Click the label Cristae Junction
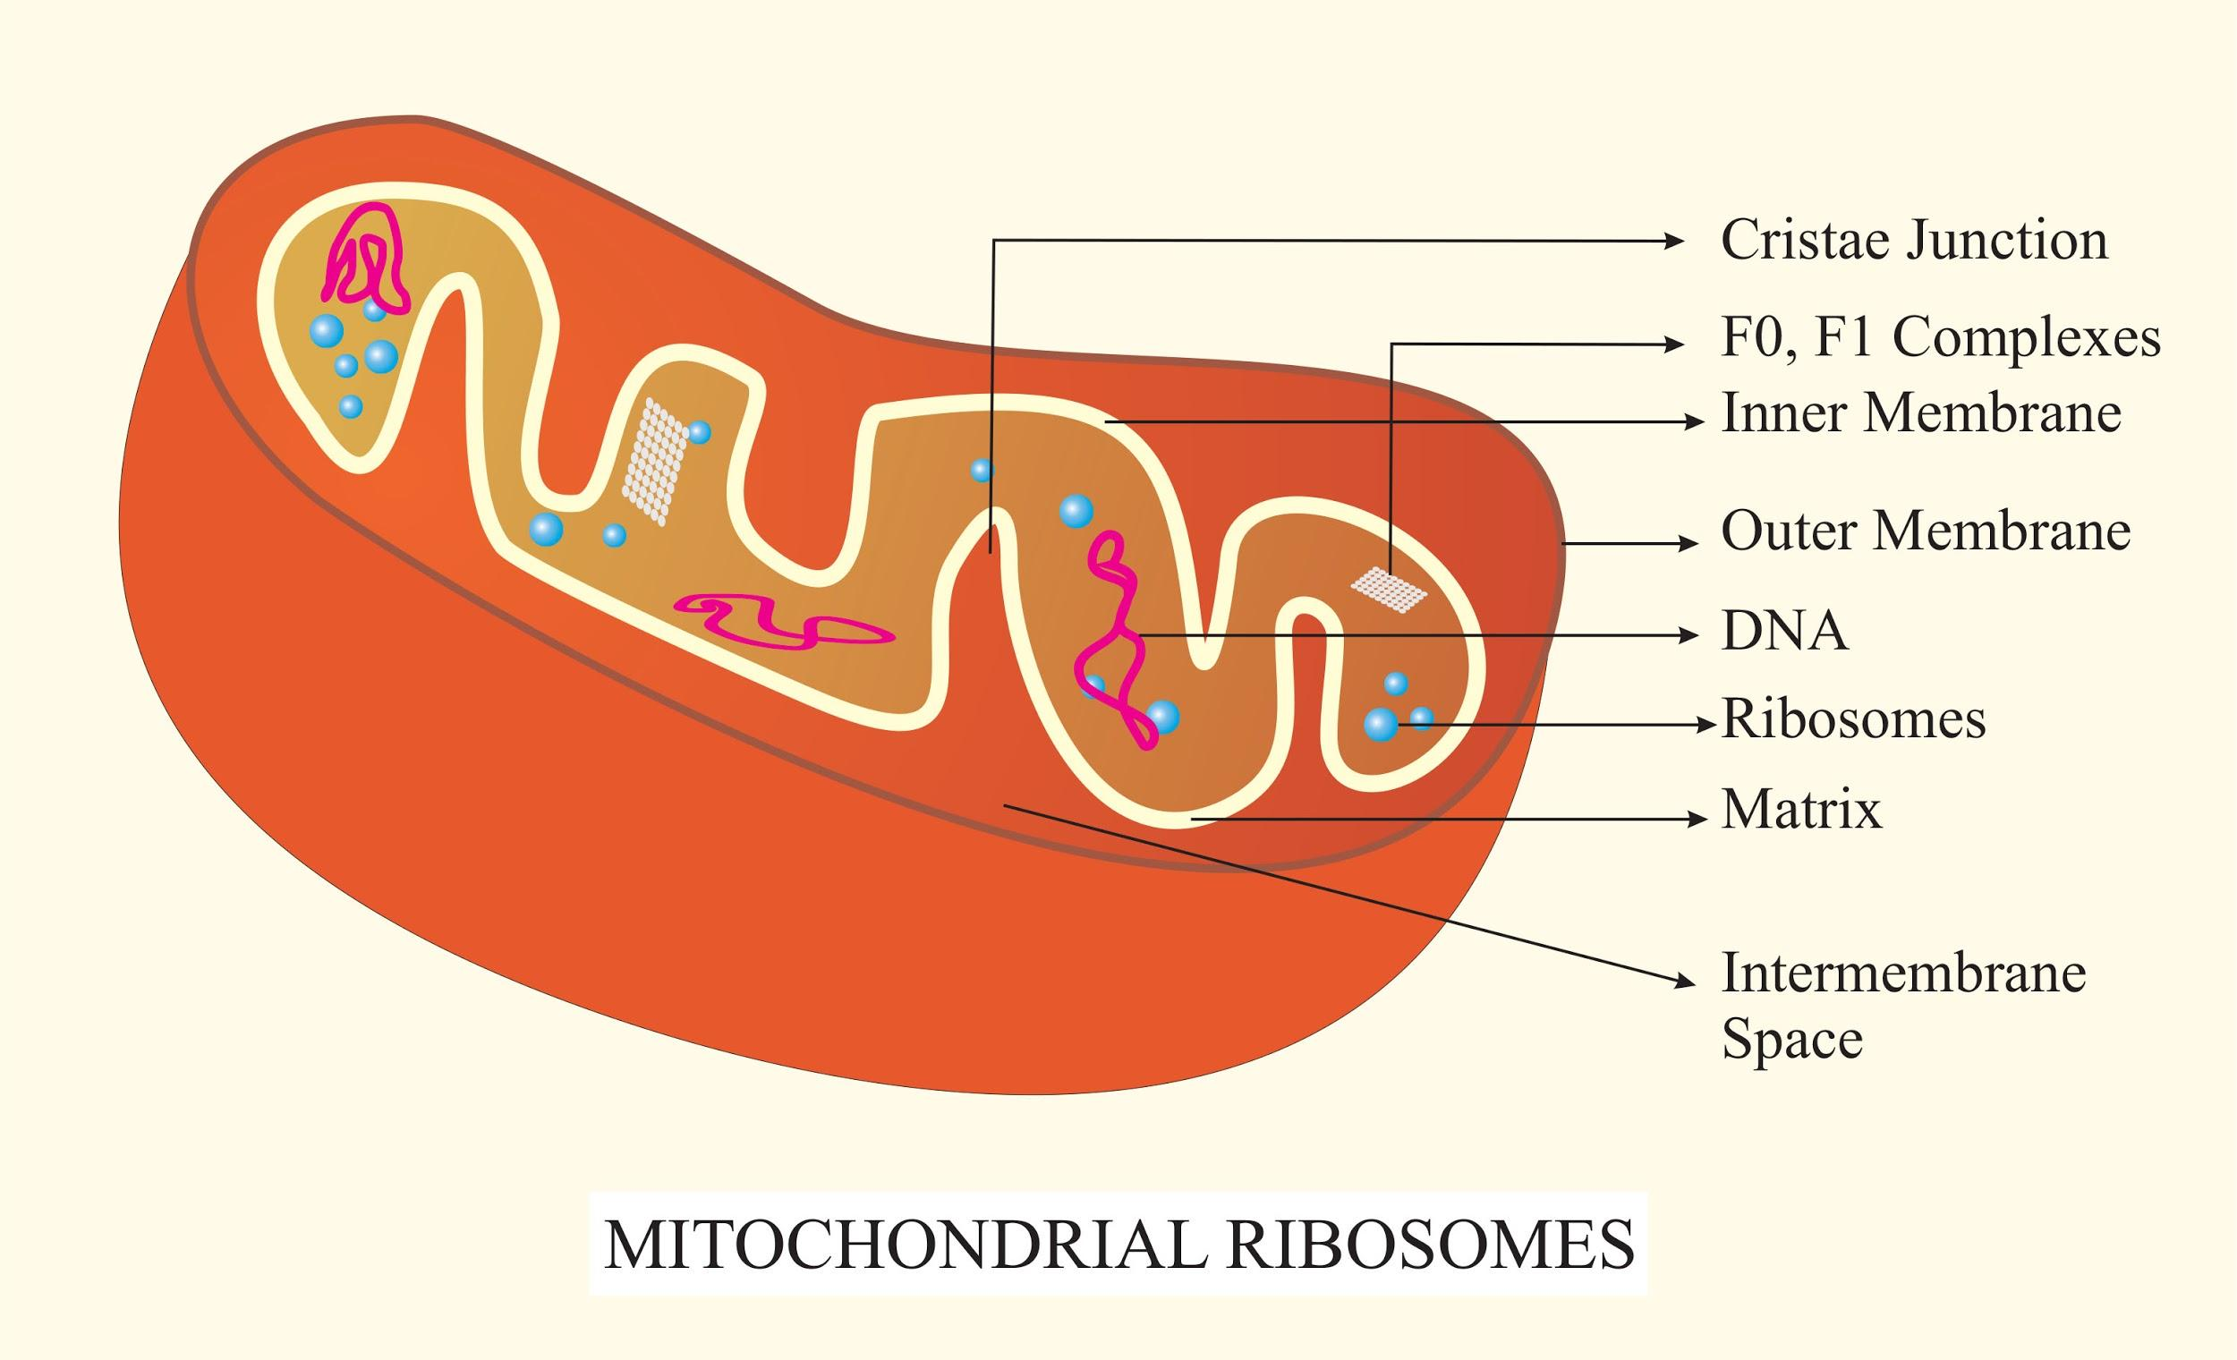click(1914, 241)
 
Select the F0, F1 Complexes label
click(1940, 338)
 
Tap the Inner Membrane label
click(1921, 413)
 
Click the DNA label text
click(1784, 631)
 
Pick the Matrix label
click(1801, 809)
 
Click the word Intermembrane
click(1904, 973)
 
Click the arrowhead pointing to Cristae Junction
click(1673, 241)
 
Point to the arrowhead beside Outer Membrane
click(1688, 544)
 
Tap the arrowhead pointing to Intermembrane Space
click(1685, 983)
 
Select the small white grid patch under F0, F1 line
click(1389, 590)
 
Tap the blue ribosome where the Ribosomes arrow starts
click(1381, 725)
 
